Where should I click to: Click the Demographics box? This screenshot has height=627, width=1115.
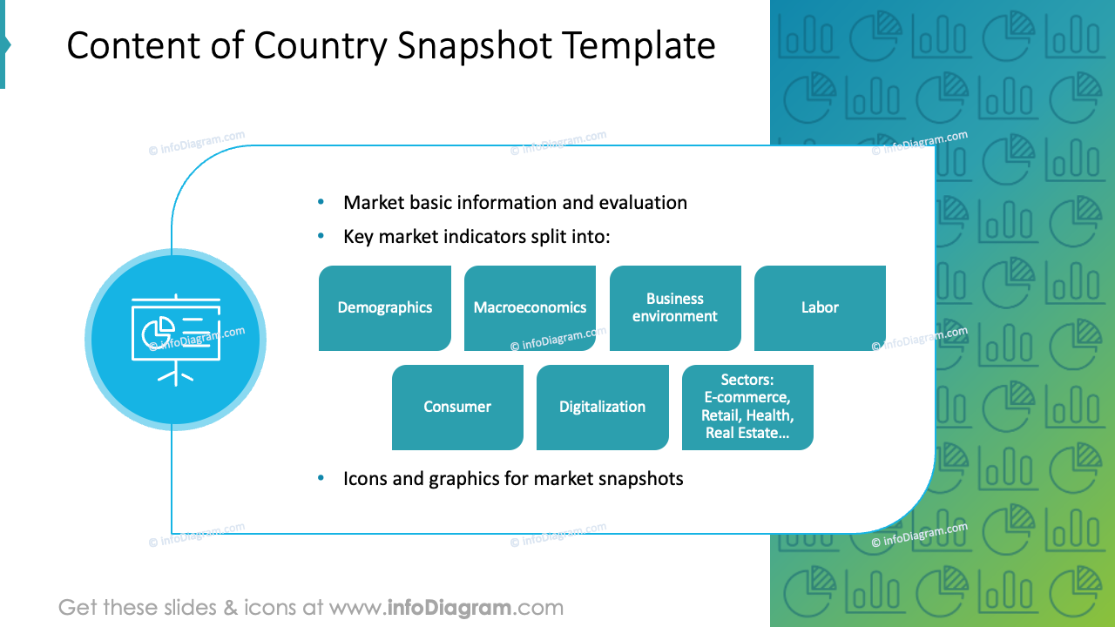(x=384, y=308)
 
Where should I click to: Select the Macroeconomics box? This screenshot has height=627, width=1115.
(x=530, y=308)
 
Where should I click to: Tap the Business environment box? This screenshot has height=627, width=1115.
(x=675, y=308)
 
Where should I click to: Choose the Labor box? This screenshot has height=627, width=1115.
(x=820, y=308)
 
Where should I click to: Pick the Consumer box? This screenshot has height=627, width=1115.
(x=457, y=408)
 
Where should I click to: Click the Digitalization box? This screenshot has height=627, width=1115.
(x=602, y=408)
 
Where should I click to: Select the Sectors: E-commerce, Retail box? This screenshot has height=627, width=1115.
(x=747, y=408)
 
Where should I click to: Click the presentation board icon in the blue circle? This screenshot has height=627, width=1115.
(x=175, y=340)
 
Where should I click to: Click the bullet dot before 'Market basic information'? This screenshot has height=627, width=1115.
(x=321, y=202)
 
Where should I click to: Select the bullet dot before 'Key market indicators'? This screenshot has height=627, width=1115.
(x=321, y=236)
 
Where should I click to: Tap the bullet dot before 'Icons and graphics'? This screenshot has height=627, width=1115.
(x=321, y=478)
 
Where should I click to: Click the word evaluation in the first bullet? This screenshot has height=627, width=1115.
(x=643, y=203)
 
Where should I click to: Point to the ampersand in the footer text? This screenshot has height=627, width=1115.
(x=231, y=608)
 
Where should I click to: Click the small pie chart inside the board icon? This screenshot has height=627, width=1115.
(x=158, y=332)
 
